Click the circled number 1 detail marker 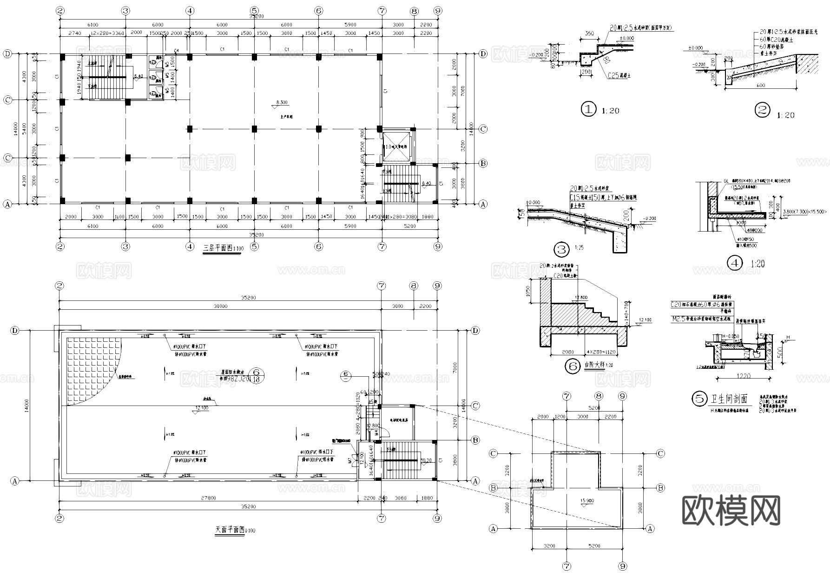pyautogui.click(x=588, y=109)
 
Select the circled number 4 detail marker pyautogui.click(x=735, y=263)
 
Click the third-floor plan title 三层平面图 pyautogui.click(x=217, y=248)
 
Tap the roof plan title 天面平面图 pyautogui.click(x=230, y=529)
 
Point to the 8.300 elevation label pyautogui.click(x=282, y=102)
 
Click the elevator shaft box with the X pyautogui.click(x=396, y=146)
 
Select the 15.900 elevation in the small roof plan pyautogui.click(x=587, y=501)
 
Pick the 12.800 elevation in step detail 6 pyautogui.click(x=581, y=298)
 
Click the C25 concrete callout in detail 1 pyautogui.click(x=620, y=75)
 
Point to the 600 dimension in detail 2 pyautogui.click(x=760, y=85)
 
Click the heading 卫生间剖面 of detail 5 pyautogui.click(x=728, y=399)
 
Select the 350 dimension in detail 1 pyautogui.click(x=589, y=34)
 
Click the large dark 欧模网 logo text pyautogui.click(x=731, y=510)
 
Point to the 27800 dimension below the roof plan pyautogui.click(x=209, y=498)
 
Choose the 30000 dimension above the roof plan pyautogui.click(x=220, y=306)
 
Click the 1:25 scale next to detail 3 pyautogui.click(x=579, y=248)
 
